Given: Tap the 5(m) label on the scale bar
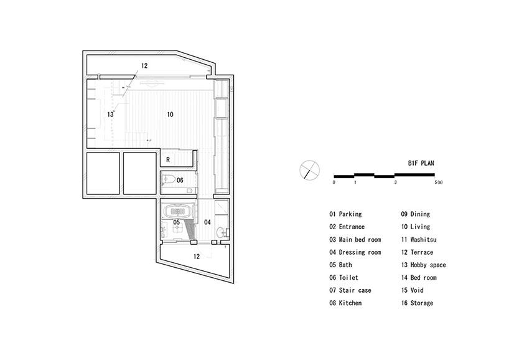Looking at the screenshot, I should [x=438, y=182].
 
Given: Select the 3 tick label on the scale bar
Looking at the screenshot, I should [x=395, y=182].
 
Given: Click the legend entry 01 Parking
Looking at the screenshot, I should [x=347, y=214].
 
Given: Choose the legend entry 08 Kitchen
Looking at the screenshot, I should [x=347, y=303].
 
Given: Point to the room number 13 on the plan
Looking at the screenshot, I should [x=110, y=115].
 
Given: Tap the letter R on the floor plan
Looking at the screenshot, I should [x=168, y=159].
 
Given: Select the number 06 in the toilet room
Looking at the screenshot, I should [x=179, y=180].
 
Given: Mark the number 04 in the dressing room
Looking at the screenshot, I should [x=207, y=222].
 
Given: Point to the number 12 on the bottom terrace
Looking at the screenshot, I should [x=197, y=256].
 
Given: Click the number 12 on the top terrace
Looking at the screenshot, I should [x=144, y=65].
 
